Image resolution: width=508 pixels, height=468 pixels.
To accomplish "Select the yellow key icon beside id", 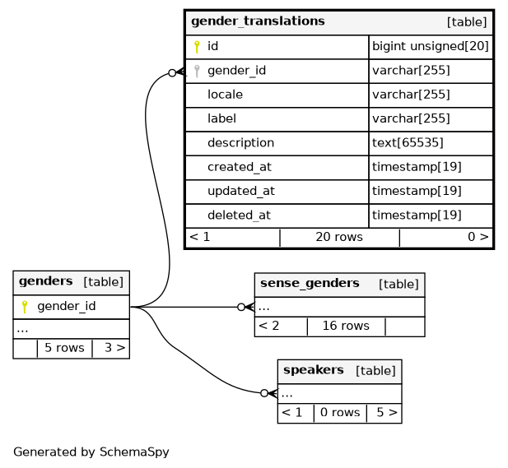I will (x=197, y=47).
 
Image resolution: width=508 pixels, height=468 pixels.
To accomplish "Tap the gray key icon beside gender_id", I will (x=197, y=71).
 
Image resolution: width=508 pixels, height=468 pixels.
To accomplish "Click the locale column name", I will (x=225, y=95).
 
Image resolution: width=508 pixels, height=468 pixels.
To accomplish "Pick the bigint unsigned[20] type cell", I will (x=431, y=47).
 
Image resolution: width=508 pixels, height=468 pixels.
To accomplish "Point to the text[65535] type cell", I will (x=408, y=142).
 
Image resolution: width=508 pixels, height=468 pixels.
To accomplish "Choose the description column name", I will (x=240, y=142).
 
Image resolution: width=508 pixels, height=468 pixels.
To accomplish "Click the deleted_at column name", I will (x=239, y=215).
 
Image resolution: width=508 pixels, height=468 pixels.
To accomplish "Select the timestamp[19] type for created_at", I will (x=417, y=167).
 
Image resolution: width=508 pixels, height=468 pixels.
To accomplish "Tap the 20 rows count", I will (x=339, y=237).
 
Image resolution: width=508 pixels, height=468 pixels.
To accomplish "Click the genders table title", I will (x=45, y=281).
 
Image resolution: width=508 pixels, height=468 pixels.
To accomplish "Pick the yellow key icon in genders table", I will (x=25, y=307).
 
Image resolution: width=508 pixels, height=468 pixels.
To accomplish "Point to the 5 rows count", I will (x=64, y=348).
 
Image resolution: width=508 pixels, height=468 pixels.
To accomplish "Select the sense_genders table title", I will (x=310, y=284).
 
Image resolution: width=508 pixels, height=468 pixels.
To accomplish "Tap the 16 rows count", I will (x=346, y=326).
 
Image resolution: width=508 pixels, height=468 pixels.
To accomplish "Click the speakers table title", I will (x=313, y=370).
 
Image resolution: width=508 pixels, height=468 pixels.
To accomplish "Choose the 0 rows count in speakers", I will (x=340, y=412).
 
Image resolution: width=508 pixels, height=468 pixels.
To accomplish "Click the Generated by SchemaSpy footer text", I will (x=91, y=452).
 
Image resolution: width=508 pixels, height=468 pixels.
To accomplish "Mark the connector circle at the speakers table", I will (x=264, y=393).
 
